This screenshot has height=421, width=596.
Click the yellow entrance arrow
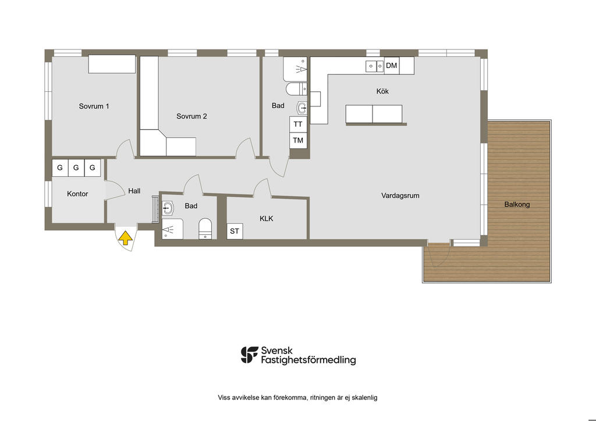(126, 239)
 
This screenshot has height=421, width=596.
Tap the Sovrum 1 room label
(94, 106)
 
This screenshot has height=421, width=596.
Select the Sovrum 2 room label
(191, 116)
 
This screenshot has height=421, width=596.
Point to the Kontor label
(77, 194)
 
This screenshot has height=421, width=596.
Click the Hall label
(134, 191)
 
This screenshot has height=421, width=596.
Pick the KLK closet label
(266, 219)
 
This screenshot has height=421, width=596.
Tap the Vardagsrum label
(400, 195)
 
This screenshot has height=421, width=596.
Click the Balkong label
(517, 204)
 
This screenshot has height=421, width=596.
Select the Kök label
(382, 91)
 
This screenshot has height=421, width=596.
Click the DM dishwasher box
(392, 65)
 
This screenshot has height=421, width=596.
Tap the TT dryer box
(298, 124)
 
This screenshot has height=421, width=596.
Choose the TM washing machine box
(298, 141)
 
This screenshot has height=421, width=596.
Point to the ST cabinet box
(235, 231)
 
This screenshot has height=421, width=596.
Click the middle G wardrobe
(76, 167)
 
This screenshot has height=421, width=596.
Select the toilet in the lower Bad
(205, 229)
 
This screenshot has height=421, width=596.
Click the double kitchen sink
(375, 66)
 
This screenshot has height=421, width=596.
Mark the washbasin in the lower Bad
(168, 208)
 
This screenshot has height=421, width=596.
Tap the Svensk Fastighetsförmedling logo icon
(249, 355)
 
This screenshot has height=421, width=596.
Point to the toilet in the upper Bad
(296, 89)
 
